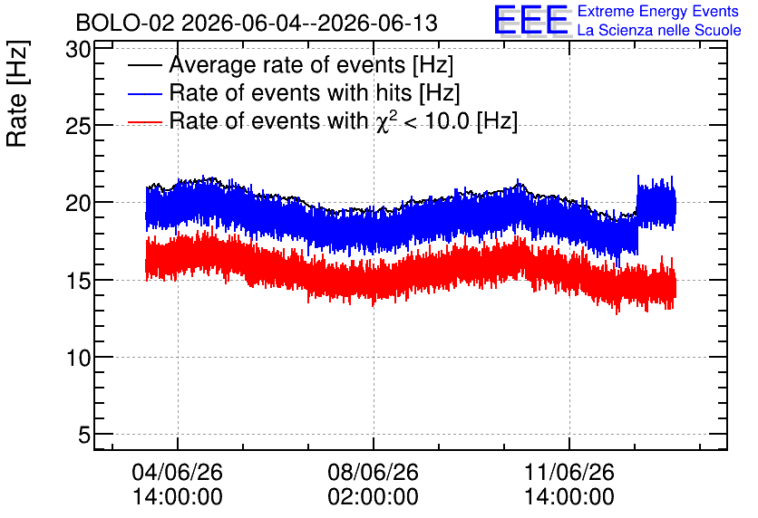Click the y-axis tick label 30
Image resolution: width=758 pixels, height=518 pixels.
78,49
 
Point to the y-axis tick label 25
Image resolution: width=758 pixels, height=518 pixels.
78,127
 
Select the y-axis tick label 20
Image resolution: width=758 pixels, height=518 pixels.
78,204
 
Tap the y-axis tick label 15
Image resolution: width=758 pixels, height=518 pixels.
78,281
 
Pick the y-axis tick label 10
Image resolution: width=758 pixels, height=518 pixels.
78,359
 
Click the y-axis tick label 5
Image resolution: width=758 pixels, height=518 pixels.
84,436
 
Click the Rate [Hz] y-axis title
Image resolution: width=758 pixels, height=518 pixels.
17,94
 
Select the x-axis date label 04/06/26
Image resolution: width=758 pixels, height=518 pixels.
178,472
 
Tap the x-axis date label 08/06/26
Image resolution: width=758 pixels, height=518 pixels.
374,472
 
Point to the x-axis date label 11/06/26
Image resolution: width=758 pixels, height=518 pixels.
569,472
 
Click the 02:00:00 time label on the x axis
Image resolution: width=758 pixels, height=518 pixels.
374,497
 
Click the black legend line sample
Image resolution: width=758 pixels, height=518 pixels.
144,65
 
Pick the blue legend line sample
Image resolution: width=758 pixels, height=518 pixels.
144,93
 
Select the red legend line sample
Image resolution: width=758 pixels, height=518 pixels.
144,122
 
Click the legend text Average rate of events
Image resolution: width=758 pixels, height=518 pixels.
287,64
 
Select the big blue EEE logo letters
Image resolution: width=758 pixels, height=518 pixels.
531,20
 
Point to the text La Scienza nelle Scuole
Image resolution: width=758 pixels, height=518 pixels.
659,31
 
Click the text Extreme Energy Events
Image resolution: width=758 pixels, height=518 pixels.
658,11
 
